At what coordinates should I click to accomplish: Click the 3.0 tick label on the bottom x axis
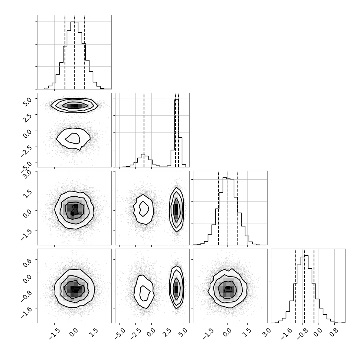[x=266, y=333]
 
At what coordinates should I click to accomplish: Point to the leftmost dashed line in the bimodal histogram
[x=144, y=130]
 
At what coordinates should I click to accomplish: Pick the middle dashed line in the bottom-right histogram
[x=305, y=286]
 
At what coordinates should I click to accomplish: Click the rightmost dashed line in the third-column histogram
[x=237, y=208]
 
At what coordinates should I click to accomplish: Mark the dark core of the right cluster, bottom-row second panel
[x=176, y=289]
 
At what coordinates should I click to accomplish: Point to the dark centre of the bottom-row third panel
[x=228, y=288]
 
